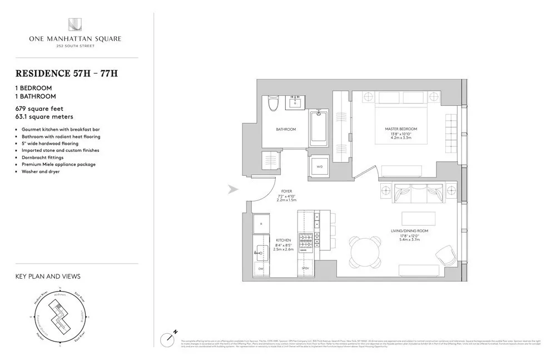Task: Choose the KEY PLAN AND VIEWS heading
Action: (47, 276)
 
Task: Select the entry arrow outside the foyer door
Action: (234, 190)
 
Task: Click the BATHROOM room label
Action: (286, 129)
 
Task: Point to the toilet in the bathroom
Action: (272, 104)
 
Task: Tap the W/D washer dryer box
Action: (319, 165)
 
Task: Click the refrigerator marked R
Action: (261, 224)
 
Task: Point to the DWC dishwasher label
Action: (261, 268)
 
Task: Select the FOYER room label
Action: (286, 192)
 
